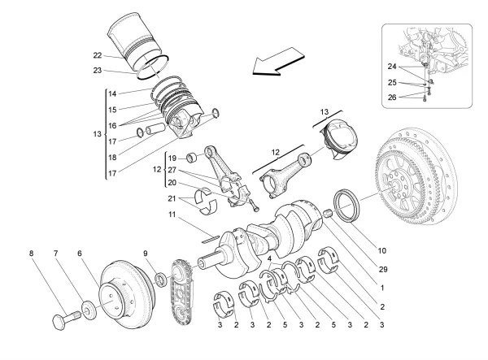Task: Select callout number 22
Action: coord(98,55)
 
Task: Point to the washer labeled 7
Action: coord(86,309)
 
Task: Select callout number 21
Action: coord(172,198)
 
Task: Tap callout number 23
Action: coord(98,71)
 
